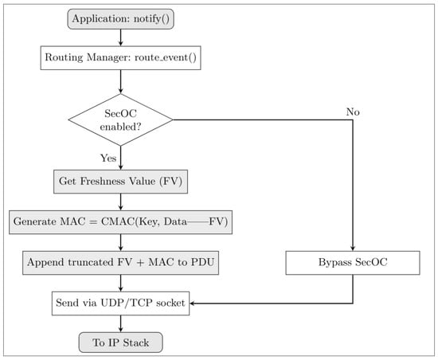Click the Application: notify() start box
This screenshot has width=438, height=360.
point(121,19)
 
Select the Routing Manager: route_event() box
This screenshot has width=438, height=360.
point(121,58)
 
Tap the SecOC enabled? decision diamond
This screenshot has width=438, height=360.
point(121,119)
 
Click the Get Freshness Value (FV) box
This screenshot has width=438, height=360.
point(121,182)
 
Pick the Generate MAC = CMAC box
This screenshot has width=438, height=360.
point(121,222)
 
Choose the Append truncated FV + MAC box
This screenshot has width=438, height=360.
point(121,263)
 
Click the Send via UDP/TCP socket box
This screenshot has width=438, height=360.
point(121,303)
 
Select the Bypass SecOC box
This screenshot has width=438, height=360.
point(353,263)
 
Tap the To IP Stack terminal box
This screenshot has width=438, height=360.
point(121,342)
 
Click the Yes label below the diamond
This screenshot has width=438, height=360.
point(108,158)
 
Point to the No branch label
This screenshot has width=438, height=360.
point(353,112)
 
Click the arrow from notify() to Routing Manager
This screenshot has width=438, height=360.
point(121,37)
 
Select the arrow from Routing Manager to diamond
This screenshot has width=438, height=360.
point(121,81)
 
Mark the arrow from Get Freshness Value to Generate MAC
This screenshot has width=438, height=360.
point(121,202)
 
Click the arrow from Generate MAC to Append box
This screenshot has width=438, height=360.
point(121,242)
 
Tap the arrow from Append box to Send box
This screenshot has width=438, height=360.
point(121,284)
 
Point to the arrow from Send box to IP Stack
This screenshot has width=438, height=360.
point(121,323)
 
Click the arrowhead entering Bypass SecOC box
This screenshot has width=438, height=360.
point(353,248)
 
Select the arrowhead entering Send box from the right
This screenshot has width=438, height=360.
point(192,303)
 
